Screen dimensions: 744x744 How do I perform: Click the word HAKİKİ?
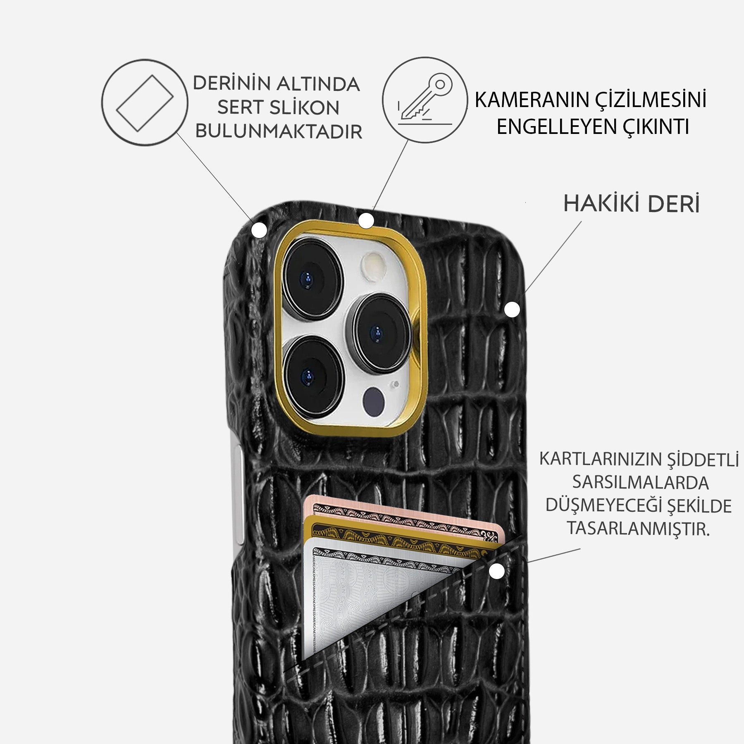click(x=599, y=204)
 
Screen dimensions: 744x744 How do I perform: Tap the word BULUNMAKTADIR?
click(x=279, y=131)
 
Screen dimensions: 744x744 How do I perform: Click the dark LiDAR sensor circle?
click(x=374, y=400)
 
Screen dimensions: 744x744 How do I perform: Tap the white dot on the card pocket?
click(x=497, y=572)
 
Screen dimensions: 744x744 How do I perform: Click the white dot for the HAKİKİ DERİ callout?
click(x=512, y=310)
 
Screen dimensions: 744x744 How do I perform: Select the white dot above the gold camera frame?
click(x=366, y=221)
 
